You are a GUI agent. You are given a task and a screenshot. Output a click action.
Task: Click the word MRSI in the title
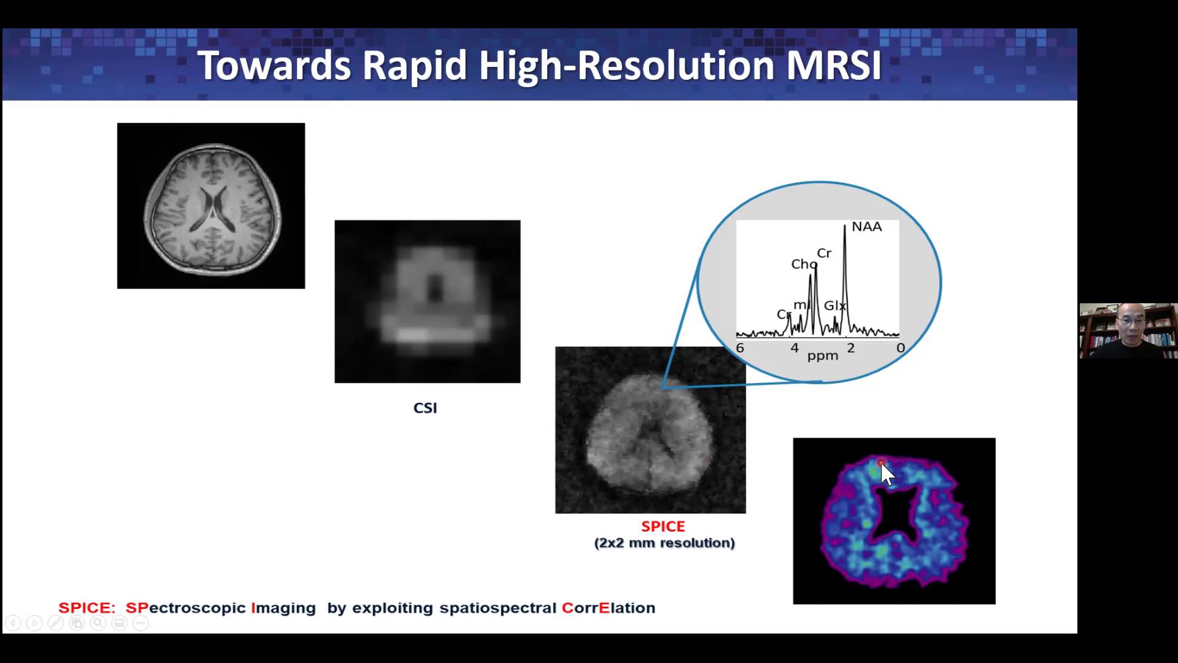[834, 65]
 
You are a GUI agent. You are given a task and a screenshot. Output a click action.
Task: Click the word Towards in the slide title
[274, 65]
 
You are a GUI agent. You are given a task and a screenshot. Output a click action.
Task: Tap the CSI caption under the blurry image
[425, 408]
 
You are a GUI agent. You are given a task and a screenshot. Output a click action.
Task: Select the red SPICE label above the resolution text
[663, 526]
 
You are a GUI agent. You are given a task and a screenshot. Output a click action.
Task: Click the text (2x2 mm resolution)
[664, 543]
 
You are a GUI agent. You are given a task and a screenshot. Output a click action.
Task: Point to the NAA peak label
[867, 227]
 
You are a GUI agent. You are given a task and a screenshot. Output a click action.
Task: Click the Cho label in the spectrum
[804, 265]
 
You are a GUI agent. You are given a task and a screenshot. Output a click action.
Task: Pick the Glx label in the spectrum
[835, 305]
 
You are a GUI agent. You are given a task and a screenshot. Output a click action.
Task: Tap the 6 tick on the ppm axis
[740, 348]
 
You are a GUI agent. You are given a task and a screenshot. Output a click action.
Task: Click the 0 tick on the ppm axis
[900, 348]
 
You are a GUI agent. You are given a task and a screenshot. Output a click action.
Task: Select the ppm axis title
[823, 356]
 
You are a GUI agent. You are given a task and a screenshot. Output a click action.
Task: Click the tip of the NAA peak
[845, 225]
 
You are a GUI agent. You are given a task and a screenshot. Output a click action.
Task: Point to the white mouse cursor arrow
[887, 475]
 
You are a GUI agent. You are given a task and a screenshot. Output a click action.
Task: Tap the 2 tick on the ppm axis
[851, 348]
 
